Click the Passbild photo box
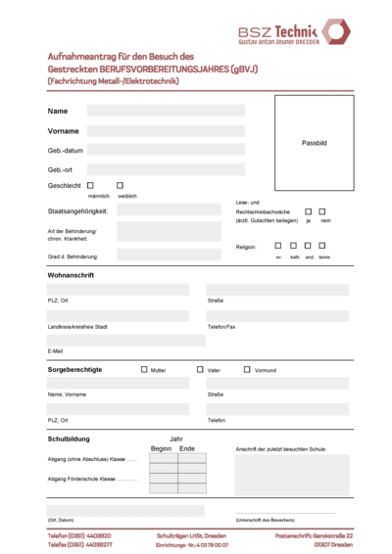click(313, 142)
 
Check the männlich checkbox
click(90, 185)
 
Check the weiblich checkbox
click(120, 185)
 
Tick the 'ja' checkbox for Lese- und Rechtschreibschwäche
click(308, 210)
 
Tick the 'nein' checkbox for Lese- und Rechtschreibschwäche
click(322, 210)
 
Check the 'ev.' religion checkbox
click(278, 246)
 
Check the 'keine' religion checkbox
click(323, 246)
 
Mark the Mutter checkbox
click(144, 370)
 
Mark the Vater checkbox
click(200, 370)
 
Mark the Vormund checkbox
click(246, 370)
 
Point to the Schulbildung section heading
click(69, 439)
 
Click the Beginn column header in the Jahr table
click(161, 448)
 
